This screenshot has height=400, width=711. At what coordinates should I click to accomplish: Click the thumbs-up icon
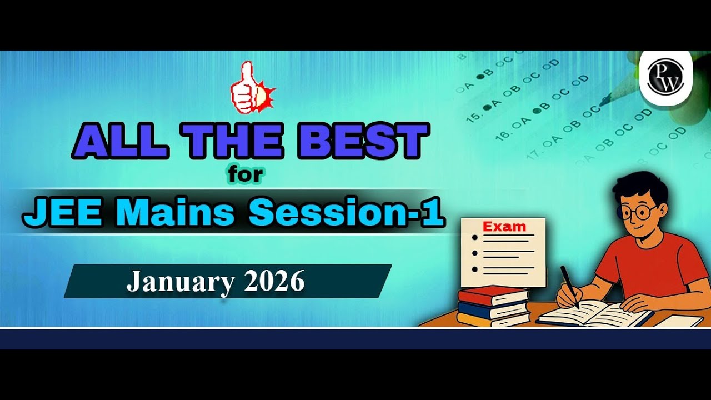pyautogui.click(x=251, y=89)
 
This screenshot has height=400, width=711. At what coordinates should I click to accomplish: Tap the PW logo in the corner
pyautogui.click(x=665, y=78)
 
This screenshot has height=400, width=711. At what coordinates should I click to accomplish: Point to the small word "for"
pyautogui.click(x=244, y=175)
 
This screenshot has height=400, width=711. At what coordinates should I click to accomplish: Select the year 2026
pyautogui.click(x=274, y=282)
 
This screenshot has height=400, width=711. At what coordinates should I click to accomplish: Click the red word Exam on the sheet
pyautogui.click(x=504, y=227)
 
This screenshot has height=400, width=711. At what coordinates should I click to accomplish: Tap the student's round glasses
pyautogui.click(x=639, y=212)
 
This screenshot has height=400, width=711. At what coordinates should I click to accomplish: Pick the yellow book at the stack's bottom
pyautogui.click(x=493, y=319)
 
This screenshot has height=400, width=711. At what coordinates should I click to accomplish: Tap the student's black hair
pyautogui.click(x=639, y=186)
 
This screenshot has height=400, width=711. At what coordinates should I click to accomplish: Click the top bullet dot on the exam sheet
pyautogui.click(x=474, y=237)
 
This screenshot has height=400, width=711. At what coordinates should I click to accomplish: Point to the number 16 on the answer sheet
pyautogui.click(x=501, y=133)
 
